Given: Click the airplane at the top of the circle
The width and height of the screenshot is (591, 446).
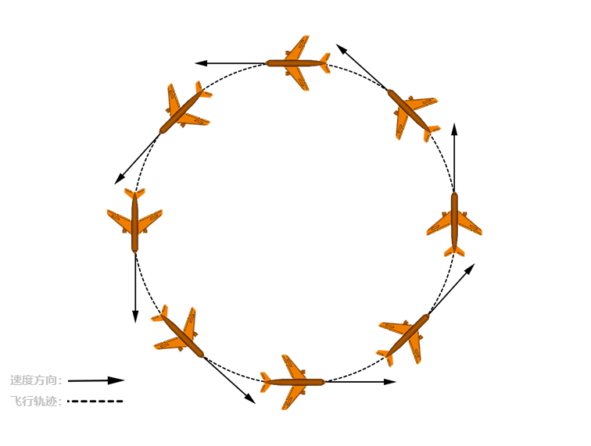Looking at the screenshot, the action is coord(297,62).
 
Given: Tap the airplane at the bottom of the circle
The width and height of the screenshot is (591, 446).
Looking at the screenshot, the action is coord(294,382).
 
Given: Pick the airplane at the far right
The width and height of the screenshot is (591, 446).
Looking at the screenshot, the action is coord(454,223).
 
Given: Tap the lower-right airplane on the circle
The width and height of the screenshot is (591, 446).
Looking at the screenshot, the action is coord(405,337).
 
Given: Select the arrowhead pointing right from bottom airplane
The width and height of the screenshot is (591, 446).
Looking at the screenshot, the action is coord(390,382).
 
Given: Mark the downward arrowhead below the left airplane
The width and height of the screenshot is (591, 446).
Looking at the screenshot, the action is coord(135,316).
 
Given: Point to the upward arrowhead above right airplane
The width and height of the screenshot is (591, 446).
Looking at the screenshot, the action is coord(454,128).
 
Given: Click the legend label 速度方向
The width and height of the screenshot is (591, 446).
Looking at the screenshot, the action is coord(36,380).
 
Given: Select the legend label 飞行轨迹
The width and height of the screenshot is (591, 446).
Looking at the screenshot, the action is coord(36,401).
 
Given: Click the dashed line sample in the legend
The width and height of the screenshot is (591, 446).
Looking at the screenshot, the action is coord(95,401).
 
